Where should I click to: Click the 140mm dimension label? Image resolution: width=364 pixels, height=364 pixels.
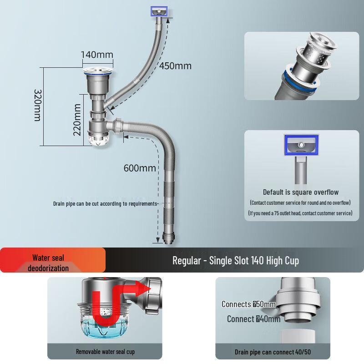(97, 55)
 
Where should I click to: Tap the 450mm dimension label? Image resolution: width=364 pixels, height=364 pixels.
(175, 66)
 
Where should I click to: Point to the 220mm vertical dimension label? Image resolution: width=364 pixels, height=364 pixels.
(77, 120)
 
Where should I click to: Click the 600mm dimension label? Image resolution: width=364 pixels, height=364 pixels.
(140, 168)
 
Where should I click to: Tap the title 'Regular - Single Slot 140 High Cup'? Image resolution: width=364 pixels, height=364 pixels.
(235, 261)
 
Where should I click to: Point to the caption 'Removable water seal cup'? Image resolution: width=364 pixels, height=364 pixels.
(105, 351)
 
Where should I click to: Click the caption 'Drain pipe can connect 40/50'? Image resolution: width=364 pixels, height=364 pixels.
(273, 352)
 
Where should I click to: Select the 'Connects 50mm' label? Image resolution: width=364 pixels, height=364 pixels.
(248, 304)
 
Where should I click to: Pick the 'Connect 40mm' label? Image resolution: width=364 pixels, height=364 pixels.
(253, 319)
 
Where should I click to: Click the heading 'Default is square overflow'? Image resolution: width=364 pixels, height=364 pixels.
(300, 192)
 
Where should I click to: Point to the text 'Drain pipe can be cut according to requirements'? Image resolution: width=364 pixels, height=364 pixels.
(105, 203)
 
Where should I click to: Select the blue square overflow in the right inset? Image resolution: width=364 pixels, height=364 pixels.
(301, 145)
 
